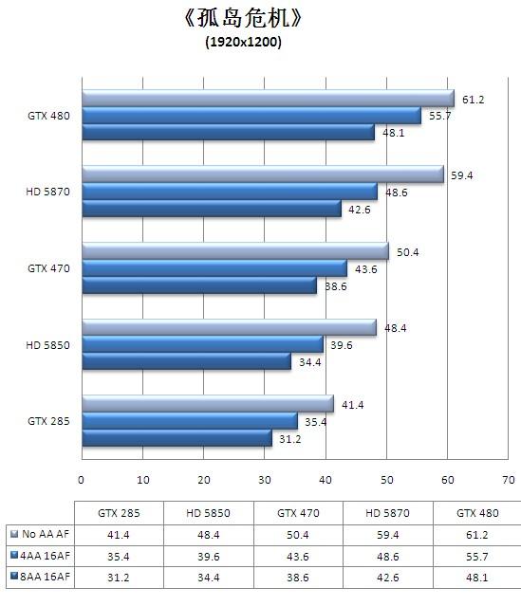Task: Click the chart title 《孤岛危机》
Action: [x=244, y=19]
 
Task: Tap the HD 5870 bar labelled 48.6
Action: [x=229, y=192]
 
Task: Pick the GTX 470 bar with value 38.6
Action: [x=198, y=285]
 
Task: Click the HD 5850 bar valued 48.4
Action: [x=229, y=328]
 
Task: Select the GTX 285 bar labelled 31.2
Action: [x=177, y=438]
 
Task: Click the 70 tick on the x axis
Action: [x=509, y=480]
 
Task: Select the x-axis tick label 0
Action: [x=82, y=480]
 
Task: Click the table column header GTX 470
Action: [x=297, y=513]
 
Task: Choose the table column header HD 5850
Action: [x=208, y=513]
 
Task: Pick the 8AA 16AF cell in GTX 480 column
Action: [x=476, y=576]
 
